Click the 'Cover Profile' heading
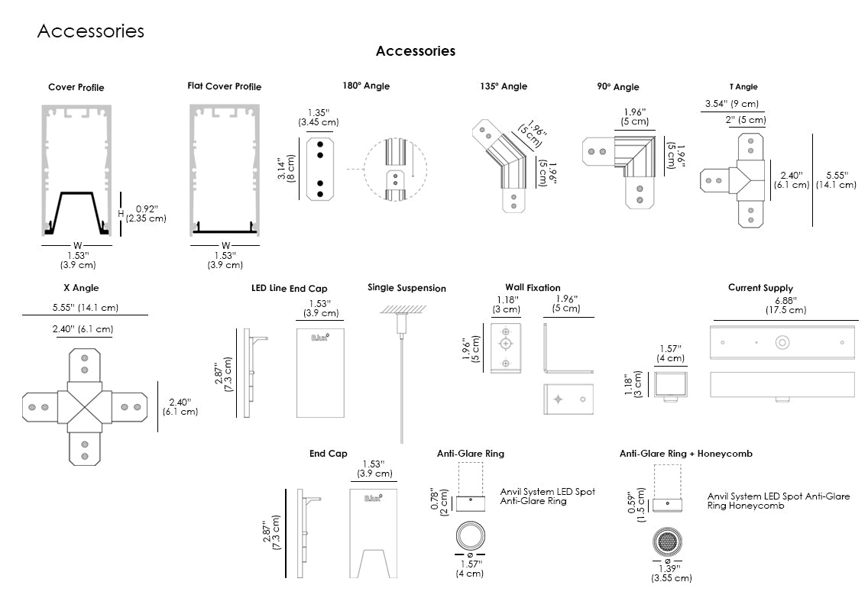[x=76, y=87]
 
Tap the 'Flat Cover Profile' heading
[x=224, y=86]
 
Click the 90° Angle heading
[x=618, y=86]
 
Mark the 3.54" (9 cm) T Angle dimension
[x=732, y=104]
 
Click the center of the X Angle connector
[x=84, y=406]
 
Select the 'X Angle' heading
[x=81, y=288]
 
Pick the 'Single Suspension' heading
[x=406, y=288]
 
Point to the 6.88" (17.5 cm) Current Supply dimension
[x=785, y=305]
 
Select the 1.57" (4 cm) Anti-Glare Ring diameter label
[x=470, y=568]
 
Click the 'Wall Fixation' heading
[x=533, y=288]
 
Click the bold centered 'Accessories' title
[x=416, y=51]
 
